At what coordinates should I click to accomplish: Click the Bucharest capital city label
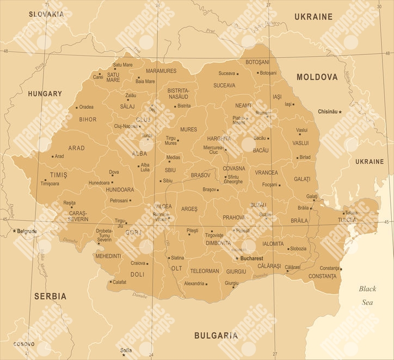click(x=251, y=258)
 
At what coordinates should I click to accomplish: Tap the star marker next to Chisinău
click(x=340, y=111)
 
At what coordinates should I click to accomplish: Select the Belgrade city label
click(x=27, y=231)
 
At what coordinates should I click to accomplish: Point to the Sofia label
click(x=126, y=350)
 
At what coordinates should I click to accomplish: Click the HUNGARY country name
click(x=45, y=94)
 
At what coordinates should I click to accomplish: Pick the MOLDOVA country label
click(x=317, y=77)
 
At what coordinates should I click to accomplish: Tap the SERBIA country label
click(x=50, y=296)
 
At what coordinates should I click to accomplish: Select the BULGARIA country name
click(x=216, y=336)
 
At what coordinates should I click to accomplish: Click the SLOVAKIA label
click(x=46, y=14)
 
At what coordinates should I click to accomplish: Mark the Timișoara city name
click(x=50, y=184)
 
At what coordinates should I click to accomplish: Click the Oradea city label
click(x=86, y=107)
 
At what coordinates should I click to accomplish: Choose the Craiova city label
click(x=138, y=263)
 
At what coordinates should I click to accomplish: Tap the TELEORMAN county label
click(x=205, y=271)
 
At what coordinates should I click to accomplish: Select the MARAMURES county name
click(x=161, y=71)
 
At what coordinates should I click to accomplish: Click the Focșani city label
click(x=270, y=185)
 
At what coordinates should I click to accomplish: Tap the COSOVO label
click(x=23, y=344)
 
